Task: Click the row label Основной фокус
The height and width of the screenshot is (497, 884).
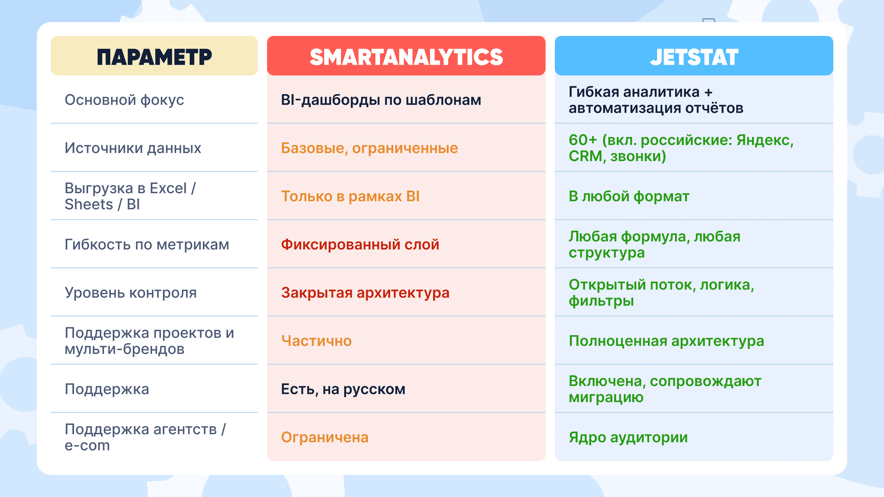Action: pyautogui.click(x=124, y=100)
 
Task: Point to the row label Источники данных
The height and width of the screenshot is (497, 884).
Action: pyautogui.click(x=133, y=148)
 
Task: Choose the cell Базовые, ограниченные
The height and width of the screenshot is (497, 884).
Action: pyautogui.click(x=369, y=148)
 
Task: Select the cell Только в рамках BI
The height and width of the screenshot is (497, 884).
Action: pyautogui.click(x=350, y=196)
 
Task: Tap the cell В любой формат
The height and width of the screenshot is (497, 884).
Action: pyautogui.click(x=629, y=196)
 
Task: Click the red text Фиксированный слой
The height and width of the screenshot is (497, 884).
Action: pyautogui.click(x=360, y=245)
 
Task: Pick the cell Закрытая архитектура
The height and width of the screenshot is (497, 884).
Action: pyautogui.click(x=365, y=293)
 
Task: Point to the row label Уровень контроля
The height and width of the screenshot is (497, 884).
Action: pyautogui.click(x=131, y=293)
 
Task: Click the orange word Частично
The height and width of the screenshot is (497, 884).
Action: pyautogui.click(x=316, y=341)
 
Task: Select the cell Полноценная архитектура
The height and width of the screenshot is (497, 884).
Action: pyautogui.click(x=666, y=341)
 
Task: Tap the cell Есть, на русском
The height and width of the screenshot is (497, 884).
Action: pyautogui.click(x=343, y=389)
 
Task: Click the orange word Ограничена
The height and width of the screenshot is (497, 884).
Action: pyautogui.click(x=325, y=437)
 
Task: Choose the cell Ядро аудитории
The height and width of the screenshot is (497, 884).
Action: pyautogui.click(x=628, y=437)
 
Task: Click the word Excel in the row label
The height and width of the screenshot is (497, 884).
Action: pyautogui.click(x=168, y=188)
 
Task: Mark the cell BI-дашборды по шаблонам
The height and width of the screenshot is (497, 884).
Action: pyautogui.click(x=381, y=100)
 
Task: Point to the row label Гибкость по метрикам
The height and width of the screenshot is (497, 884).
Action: pyautogui.click(x=147, y=245)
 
